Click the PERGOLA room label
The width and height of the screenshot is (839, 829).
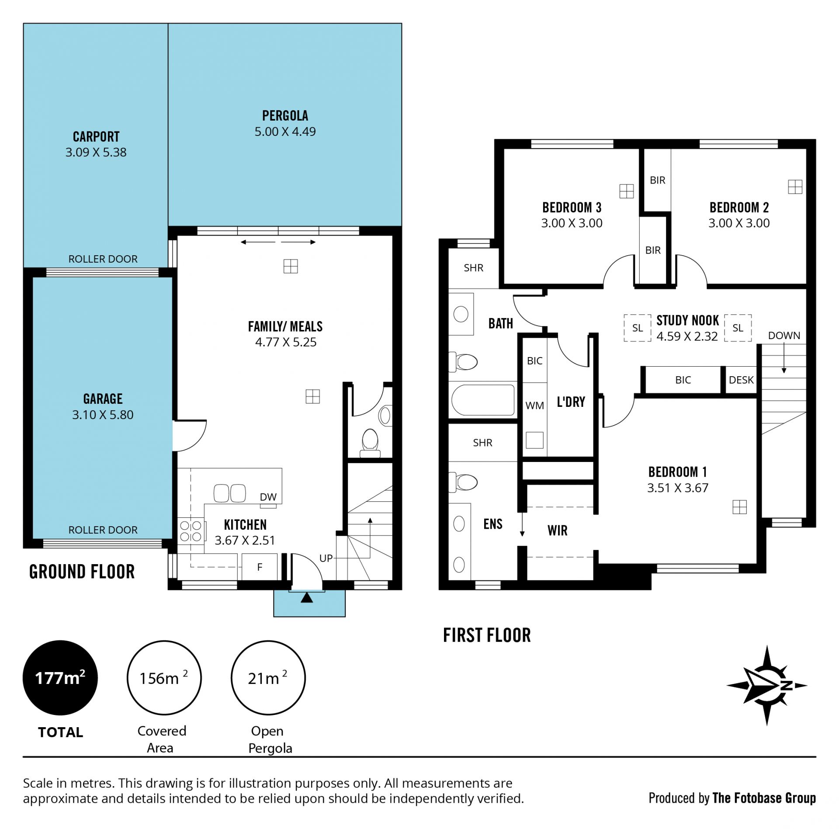click(285, 116)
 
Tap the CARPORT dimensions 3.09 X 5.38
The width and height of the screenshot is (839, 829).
click(96, 152)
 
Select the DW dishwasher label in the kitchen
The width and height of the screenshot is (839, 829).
click(268, 497)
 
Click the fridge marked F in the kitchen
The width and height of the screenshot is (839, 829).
click(260, 567)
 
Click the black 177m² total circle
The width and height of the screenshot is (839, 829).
click(60, 678)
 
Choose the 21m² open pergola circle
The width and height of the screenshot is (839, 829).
click(268, 678)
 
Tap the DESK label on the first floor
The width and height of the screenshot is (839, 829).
click(741, 380)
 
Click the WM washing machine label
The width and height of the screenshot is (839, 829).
click(534, 406)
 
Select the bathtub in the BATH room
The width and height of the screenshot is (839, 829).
click(483, 400)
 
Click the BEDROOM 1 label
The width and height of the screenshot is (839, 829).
click(677, 472)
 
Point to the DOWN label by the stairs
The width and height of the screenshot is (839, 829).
click(784, 336)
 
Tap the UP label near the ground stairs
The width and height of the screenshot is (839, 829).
click(326, 558)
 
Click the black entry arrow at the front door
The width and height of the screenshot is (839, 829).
click(307, 597)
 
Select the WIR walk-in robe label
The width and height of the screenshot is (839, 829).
click(557, 531)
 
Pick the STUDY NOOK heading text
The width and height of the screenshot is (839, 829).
click(687, 321)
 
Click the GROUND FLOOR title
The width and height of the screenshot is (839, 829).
click(82, 572)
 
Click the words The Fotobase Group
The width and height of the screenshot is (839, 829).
click(764, 798)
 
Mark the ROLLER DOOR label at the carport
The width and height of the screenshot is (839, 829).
click(103, 259)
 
